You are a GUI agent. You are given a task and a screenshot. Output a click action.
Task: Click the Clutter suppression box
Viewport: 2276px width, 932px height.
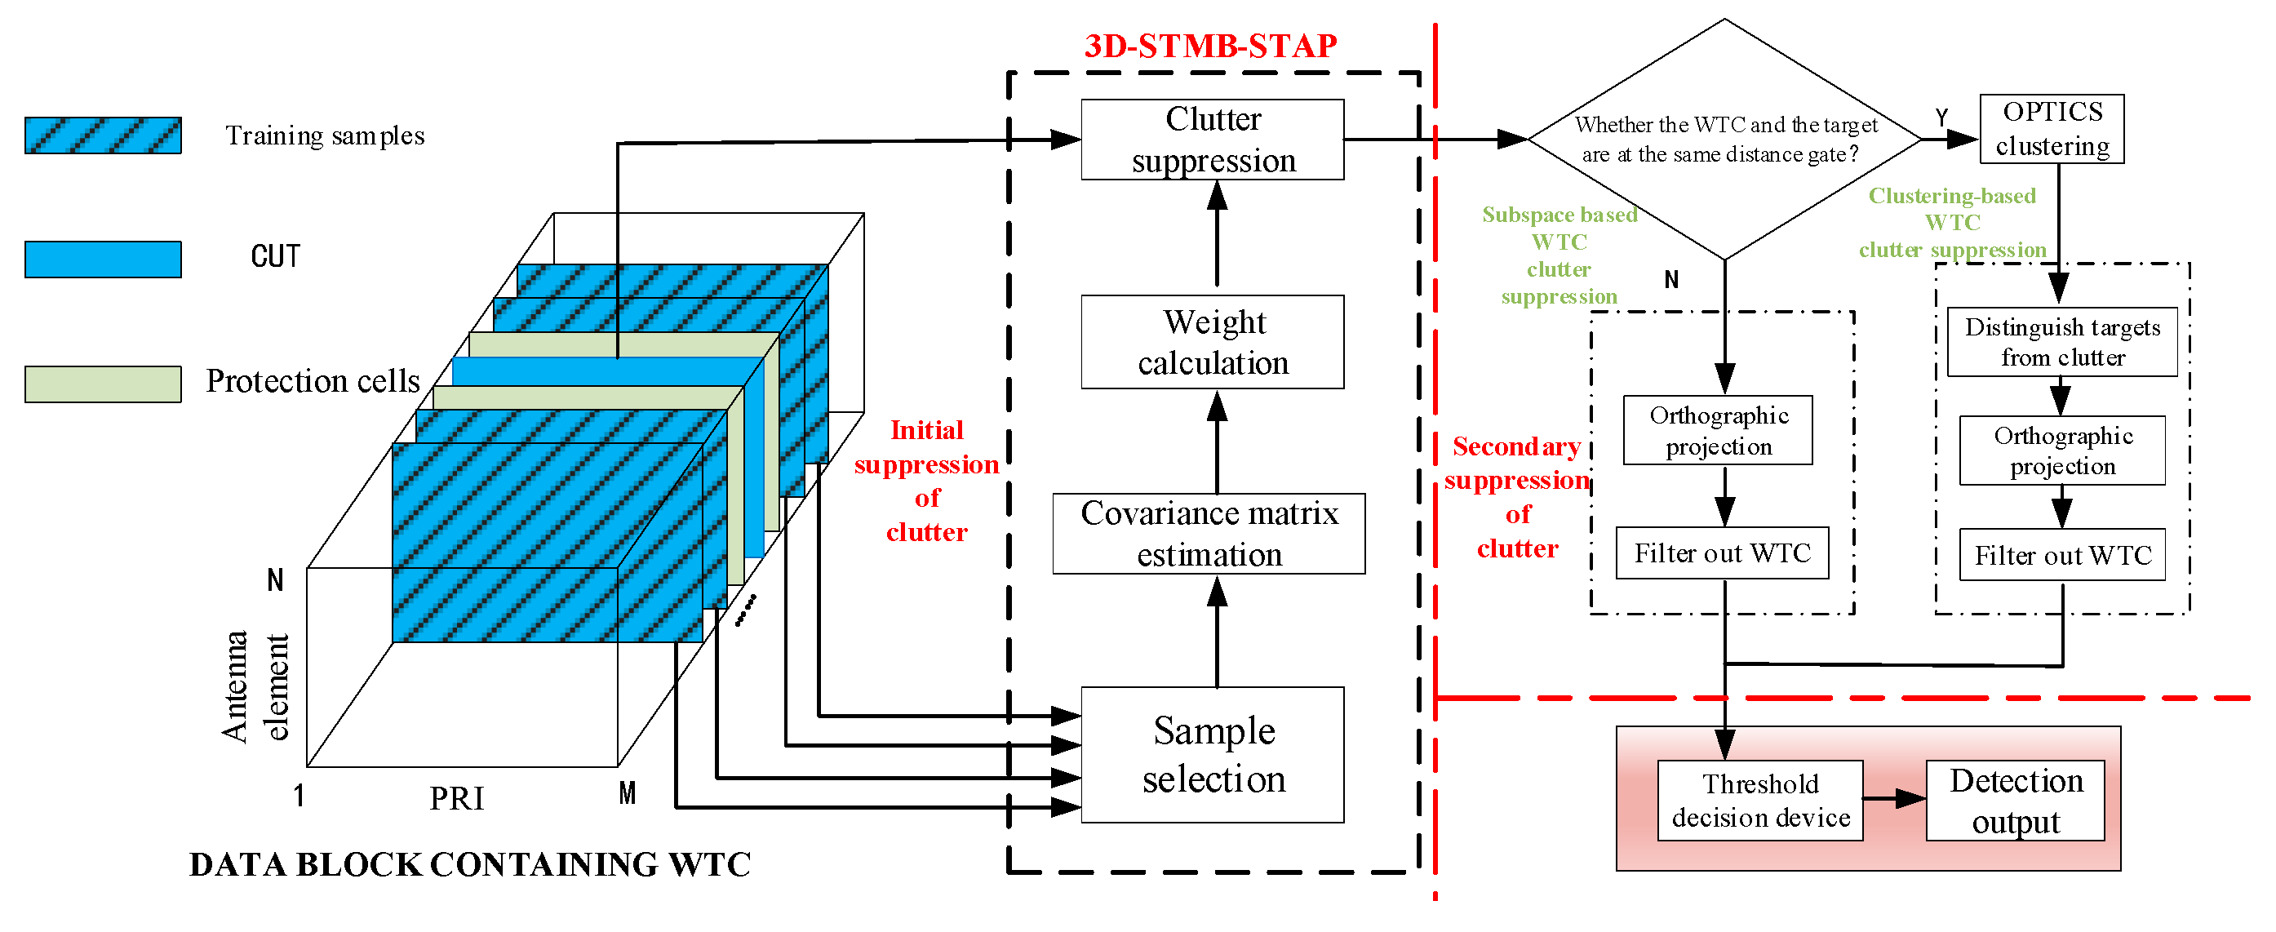(1212, 140)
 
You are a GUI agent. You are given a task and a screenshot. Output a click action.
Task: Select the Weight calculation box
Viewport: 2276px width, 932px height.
(1212, 342)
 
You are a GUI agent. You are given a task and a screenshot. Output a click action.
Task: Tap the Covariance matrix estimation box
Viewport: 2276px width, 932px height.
(1209, 534)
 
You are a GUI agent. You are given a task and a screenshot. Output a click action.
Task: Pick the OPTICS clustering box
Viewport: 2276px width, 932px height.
(2052, 129)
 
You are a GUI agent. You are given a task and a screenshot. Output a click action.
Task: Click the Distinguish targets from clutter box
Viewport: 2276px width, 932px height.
(2062, 342)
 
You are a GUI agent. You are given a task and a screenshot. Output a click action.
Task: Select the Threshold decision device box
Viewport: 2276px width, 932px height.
(1760, 801)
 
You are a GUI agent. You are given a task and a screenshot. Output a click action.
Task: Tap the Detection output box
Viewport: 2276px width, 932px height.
(2016, 801)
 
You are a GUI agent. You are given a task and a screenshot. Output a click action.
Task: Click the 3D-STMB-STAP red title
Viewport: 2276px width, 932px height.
(1210, 46)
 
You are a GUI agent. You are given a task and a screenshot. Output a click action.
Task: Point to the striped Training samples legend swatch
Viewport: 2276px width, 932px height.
(104, 135)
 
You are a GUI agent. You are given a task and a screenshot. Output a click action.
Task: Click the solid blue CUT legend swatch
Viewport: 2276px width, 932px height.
(104, 259)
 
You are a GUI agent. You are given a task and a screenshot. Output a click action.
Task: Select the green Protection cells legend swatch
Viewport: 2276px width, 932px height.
(104, 384)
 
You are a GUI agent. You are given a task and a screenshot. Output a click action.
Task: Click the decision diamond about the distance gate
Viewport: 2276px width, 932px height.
(1724, 140)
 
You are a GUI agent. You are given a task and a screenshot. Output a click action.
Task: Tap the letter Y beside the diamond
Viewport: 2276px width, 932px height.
(1941, 118)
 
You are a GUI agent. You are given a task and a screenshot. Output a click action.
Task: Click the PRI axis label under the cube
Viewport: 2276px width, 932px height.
(457, 799)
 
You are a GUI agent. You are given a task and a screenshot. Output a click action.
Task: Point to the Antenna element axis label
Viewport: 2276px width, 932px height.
(255, 686)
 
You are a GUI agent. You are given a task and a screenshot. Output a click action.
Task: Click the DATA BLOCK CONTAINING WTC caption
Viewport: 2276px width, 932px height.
(470, 864)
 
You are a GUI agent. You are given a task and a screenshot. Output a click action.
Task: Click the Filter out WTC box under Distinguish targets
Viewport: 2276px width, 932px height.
(2062, 555)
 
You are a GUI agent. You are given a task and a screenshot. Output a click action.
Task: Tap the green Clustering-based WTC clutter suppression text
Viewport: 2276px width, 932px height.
(1952, 223)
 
